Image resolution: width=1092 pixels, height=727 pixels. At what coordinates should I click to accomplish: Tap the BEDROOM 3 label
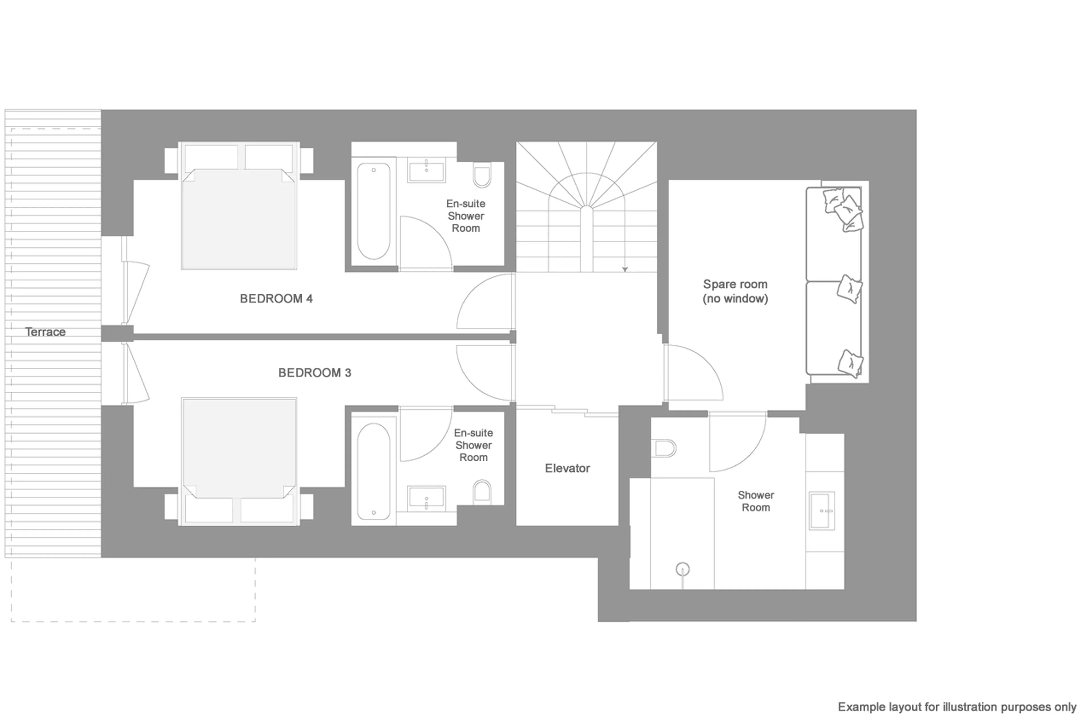[314, 373]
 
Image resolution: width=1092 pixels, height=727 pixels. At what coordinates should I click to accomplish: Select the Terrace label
[45, 332]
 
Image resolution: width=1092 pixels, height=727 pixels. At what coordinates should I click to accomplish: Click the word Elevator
[567, 468]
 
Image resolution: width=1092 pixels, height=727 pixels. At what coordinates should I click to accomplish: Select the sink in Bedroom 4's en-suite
[426, 171]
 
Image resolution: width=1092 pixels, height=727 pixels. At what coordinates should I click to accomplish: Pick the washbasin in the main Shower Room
[822, 511]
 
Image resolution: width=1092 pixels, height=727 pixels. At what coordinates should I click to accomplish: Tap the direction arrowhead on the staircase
[625, 269]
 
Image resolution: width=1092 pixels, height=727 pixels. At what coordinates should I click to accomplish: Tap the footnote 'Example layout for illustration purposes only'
[956, 707]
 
